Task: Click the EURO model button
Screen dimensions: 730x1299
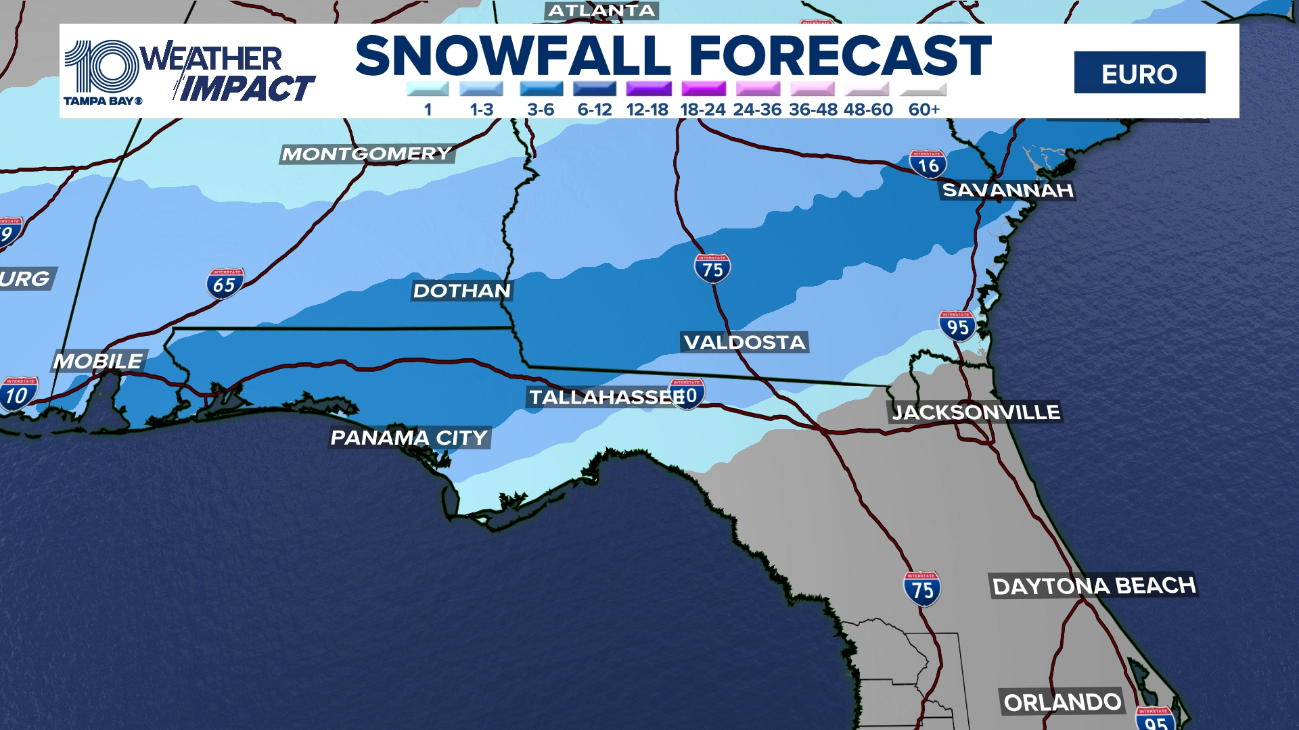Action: point(1139,73)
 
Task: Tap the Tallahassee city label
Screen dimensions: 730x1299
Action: point(606,397)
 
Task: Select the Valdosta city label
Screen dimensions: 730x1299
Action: point(744,342)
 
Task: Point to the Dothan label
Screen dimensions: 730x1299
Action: point(462,291)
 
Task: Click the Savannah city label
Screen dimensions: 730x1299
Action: point(1007,190)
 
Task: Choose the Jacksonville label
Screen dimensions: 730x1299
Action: point(975,412)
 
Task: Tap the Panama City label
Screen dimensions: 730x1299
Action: point(409,437)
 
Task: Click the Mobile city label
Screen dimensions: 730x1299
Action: point(98,361)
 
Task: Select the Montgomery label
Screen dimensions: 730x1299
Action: point(366,154)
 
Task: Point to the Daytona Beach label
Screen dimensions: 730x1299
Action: point(1093,585)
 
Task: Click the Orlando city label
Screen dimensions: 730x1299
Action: point(1062,702)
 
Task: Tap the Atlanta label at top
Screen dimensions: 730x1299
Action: point(601,11)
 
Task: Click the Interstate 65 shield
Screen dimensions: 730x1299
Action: point(225,284)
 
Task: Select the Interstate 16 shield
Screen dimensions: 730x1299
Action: point(928,164)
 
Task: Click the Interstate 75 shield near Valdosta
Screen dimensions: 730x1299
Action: point(712,268)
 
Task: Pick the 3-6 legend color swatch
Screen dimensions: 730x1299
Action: point(541,89)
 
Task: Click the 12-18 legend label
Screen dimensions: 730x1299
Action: point(647,109)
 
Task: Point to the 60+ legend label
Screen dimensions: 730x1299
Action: point(924,109)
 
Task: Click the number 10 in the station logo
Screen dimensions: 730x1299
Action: point(101,66)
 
